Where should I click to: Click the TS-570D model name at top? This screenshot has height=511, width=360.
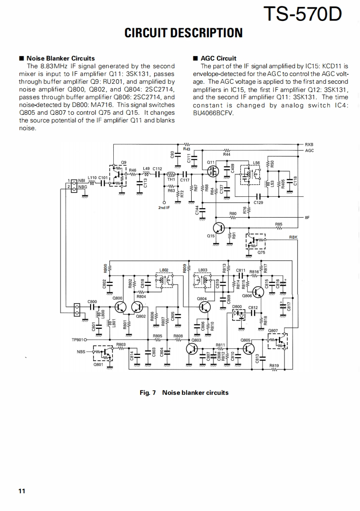[302, 15]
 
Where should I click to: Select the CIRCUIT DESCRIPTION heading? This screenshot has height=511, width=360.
[183, 33]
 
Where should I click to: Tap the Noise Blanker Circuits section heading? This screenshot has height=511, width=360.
[61, 58]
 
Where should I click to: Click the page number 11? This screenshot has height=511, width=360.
[22, 491]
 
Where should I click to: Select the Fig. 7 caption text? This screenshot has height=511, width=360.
[184, 392]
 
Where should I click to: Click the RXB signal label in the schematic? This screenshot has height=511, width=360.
[309, 144]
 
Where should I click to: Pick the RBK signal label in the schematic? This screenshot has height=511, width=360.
[294, 237]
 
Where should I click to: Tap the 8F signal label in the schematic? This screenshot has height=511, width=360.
[307, 217]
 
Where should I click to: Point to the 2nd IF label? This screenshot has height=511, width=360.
[164, 207]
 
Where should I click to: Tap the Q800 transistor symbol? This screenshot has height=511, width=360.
[120, 307]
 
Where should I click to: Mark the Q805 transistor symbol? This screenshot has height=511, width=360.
[248, 349]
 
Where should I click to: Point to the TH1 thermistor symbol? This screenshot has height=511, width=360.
[171, 174]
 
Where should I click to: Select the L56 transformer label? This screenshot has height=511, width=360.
[257, 163]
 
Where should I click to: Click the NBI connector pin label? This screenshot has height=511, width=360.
[82, 181]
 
